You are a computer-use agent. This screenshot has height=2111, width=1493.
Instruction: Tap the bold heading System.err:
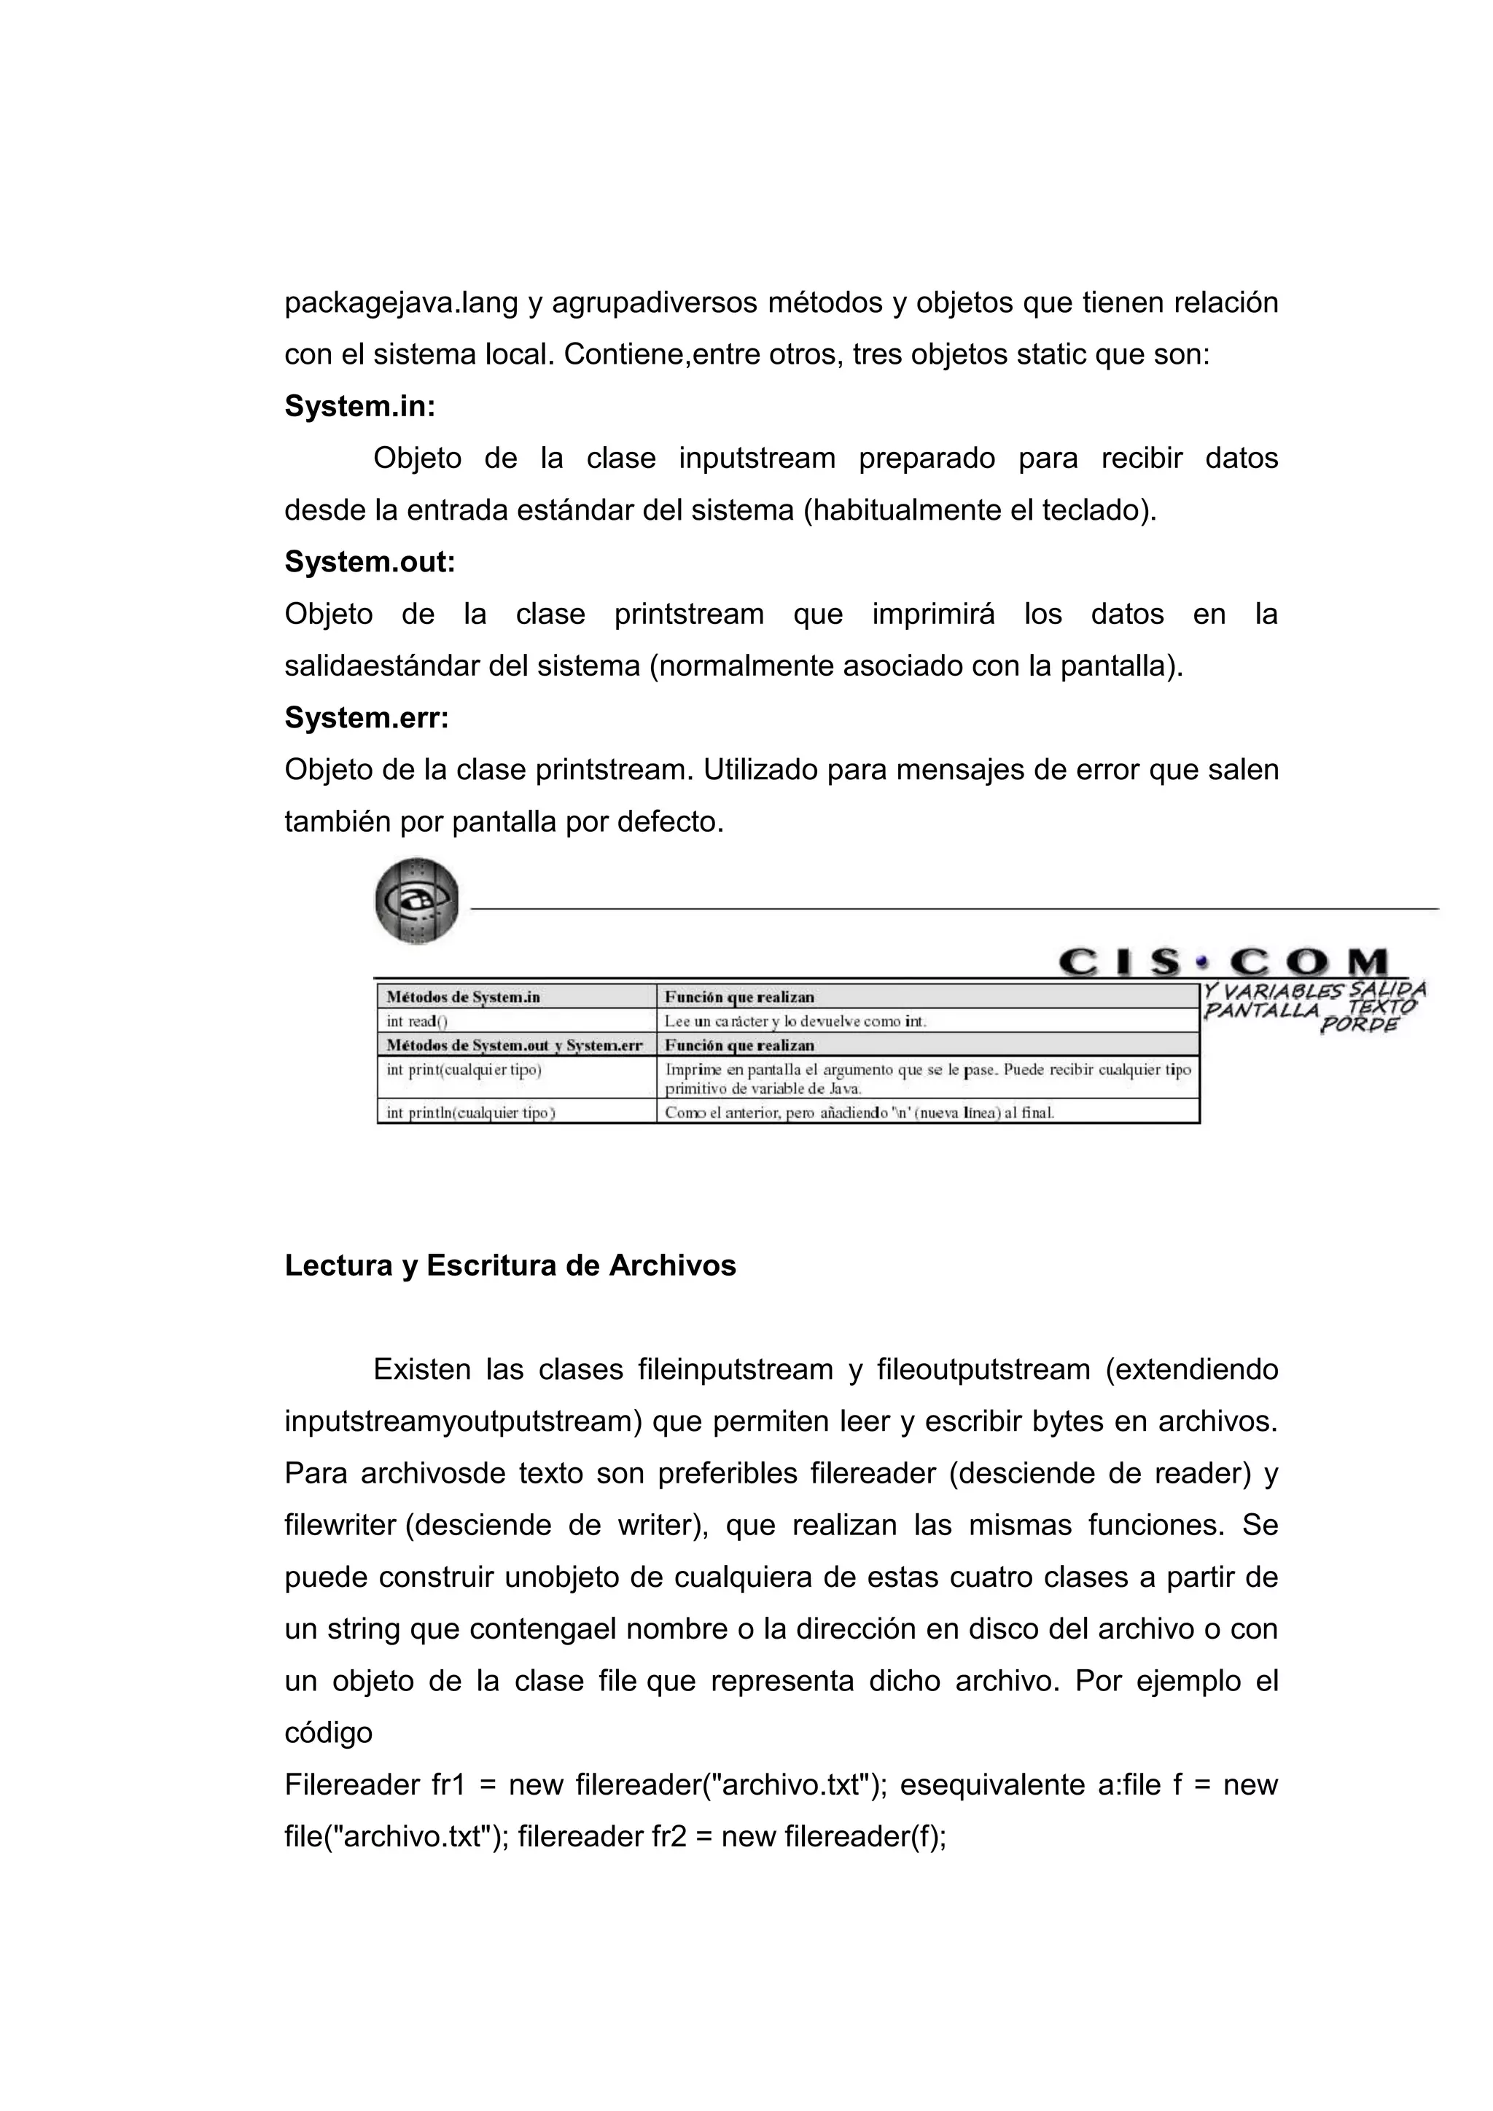[x=367, y=717]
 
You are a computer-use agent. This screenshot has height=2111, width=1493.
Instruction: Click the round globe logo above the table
[x=416, y=901]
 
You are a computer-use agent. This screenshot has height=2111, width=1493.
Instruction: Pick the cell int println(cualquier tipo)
[x=471, y=1112]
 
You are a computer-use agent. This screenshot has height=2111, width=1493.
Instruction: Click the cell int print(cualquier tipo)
[x=464, y=1070]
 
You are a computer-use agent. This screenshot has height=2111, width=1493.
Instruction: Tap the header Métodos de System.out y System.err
[x=514, y=1045]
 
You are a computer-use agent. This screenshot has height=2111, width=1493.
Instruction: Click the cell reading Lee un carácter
[x=795, y=1021]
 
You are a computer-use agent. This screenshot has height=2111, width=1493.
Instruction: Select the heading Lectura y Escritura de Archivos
[x=510, y=1265]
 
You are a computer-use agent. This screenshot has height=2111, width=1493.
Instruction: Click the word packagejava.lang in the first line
[x=401, y=303]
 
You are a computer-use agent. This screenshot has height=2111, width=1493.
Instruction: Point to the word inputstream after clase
[x=757, y=458]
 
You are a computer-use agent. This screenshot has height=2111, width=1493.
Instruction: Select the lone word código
[x=328, y=1732]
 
